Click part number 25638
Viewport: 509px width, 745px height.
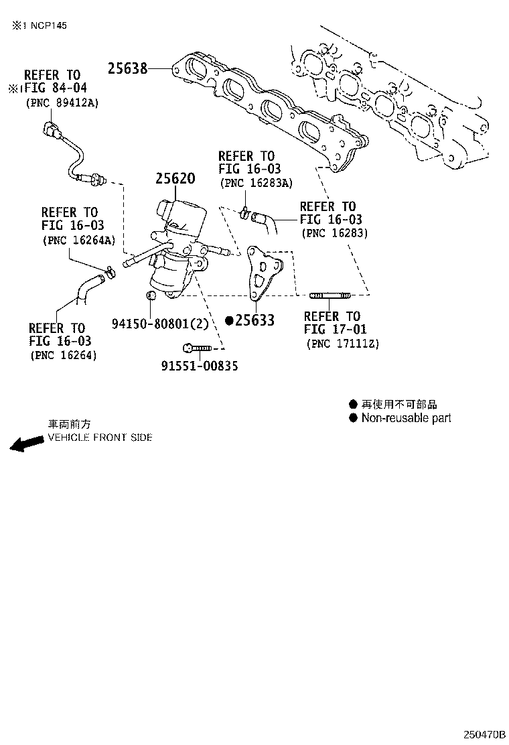pyautogui.click(x=127, y=68)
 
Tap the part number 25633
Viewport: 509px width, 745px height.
pyautogui.click(x=254, y=321)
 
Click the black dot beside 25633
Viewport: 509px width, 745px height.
pyautogui.click(x=229, y=321)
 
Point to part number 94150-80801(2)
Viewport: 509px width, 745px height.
pyautogui.click(x=160, y=324)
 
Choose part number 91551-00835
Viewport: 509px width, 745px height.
pyautogui.click(x=199, y=366)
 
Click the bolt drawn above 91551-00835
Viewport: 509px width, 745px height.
pyautogui.click(x=196, y=348)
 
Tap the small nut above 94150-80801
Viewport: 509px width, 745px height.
pyautogui.click(x=152, y=295)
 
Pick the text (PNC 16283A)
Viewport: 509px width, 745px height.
pyautogui.click(x=249, y=183)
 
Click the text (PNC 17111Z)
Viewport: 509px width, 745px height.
pyautogui.click(x=342, y=344)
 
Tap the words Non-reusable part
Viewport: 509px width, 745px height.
pyautogui.click(x=406, y=418)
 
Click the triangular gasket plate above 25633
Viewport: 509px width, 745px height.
pyautogui.click(x=262, y=275)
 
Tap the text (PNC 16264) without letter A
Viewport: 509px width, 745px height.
pyautogui.click(x=63, y=356)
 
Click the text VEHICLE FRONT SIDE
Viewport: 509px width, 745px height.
pyautogui.click(x=100, y=437)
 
